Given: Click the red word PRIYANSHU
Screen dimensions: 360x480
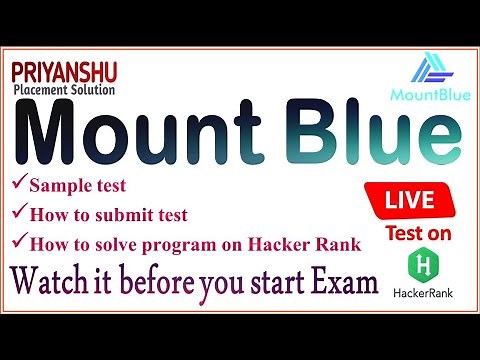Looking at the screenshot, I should click(66, 73).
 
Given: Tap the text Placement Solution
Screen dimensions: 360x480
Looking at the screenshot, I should click(66, 90).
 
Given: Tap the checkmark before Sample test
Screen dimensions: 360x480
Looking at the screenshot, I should click(18, 185).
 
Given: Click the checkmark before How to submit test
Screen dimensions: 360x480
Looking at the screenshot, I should click(18, 213).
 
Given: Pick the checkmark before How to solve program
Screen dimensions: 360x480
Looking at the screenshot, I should click(18, 241).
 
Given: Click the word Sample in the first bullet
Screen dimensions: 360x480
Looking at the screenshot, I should click(57, 186).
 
